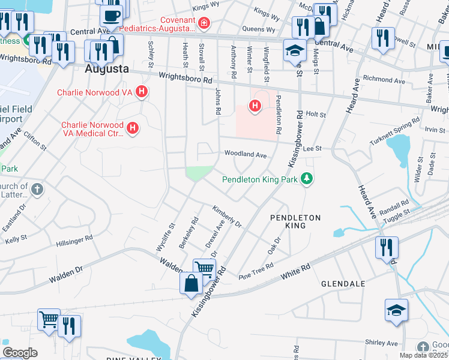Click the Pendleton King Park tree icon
(x=307, y=178)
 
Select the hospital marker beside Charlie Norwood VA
(x=142, y=92)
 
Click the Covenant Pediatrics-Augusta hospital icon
(x=204, y=23)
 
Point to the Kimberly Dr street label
(x=226, y=217)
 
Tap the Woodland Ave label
(x=245, y=154)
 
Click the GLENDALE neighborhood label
(x=343, y=283)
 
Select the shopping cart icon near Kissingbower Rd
(x=204, y=269)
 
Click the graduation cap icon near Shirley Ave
(x=396, y=310)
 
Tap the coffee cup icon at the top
(x=111, y=14)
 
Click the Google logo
(x=20, y=353)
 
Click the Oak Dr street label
(x=274, y=245)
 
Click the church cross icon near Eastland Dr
(x=37, y=190)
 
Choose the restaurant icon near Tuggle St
(x=386, y=247)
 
